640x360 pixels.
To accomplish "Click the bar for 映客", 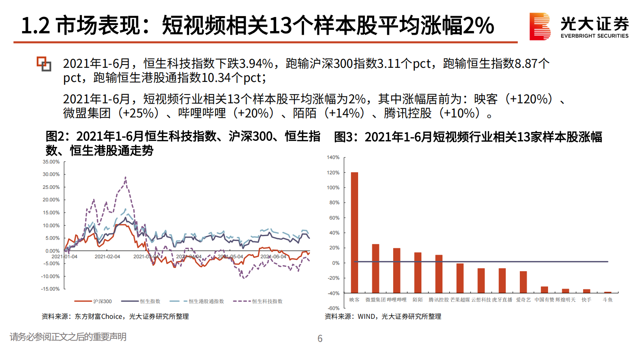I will (354, 232).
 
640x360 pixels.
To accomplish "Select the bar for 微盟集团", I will (375, 268).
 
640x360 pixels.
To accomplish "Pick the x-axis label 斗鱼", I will (607, 300).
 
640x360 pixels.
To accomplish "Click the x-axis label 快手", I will (586, 300).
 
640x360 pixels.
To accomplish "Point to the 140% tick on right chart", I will (333, 157).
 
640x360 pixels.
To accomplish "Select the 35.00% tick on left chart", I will (51, 162).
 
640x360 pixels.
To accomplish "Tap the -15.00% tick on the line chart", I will (50, 289).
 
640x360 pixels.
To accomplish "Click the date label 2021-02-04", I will (107, 257).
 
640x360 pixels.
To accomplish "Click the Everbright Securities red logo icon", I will (540, 26).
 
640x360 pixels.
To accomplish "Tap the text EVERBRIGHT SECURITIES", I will (594, 36).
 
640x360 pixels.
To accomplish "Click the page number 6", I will (320, 339).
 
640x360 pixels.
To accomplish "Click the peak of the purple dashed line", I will (125, 177).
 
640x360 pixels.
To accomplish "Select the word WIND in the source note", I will (366, 317).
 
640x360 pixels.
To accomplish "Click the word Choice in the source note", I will (112, 317).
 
